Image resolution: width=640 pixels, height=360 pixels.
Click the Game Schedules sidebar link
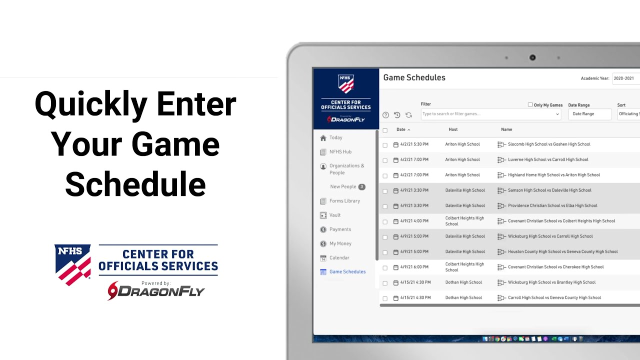tap(347, 272)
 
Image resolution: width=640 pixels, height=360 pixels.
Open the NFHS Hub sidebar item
tap(340, 152)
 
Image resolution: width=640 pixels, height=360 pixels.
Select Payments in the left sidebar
tap(340, 229)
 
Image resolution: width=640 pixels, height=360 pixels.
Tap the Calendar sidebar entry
tap(339, 258)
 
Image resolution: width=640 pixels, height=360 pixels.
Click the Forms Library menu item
tap(344, 201)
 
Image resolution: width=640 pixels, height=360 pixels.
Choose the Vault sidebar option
tap(335, 215)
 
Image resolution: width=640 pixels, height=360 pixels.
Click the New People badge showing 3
tap(361, 187)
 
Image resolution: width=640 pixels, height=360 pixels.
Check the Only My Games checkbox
tap(530, 105)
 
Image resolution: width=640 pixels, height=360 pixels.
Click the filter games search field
tap(487, 114)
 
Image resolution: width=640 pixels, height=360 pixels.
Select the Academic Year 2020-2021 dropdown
tap(625, 78)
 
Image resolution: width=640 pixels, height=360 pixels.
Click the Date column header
tap(401, 129)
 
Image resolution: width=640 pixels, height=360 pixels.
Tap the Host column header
tap(453, 129)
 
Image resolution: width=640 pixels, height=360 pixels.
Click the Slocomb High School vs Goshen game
tap(549, 144)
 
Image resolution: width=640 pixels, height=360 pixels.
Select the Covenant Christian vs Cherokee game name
tap(555, 267)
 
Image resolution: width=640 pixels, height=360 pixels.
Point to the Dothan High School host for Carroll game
tap(463, 298)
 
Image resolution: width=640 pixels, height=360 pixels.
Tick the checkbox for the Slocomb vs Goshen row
tap(385, 145)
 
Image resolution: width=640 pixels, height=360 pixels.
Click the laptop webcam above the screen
tap(532, 57)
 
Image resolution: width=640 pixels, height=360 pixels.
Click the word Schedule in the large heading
tap(135, 183)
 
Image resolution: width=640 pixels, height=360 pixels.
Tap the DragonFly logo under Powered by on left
tap(156, 291)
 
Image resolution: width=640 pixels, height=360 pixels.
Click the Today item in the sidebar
tap(335, 138)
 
